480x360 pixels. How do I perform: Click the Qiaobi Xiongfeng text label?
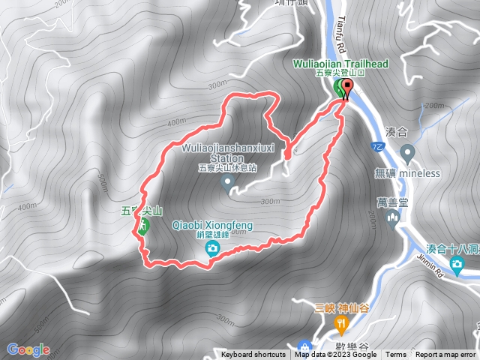(x=213, y=225)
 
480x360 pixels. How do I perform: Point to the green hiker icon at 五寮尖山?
(x=142, y=226)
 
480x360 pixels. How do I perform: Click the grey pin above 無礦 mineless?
(x=407, y=154)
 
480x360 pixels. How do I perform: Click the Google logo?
(x=28, y=349)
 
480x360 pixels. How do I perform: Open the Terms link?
(x=396, y=355)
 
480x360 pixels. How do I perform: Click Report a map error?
(x=446, y=355)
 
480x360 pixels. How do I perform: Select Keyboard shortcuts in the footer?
(x=253, y=355)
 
